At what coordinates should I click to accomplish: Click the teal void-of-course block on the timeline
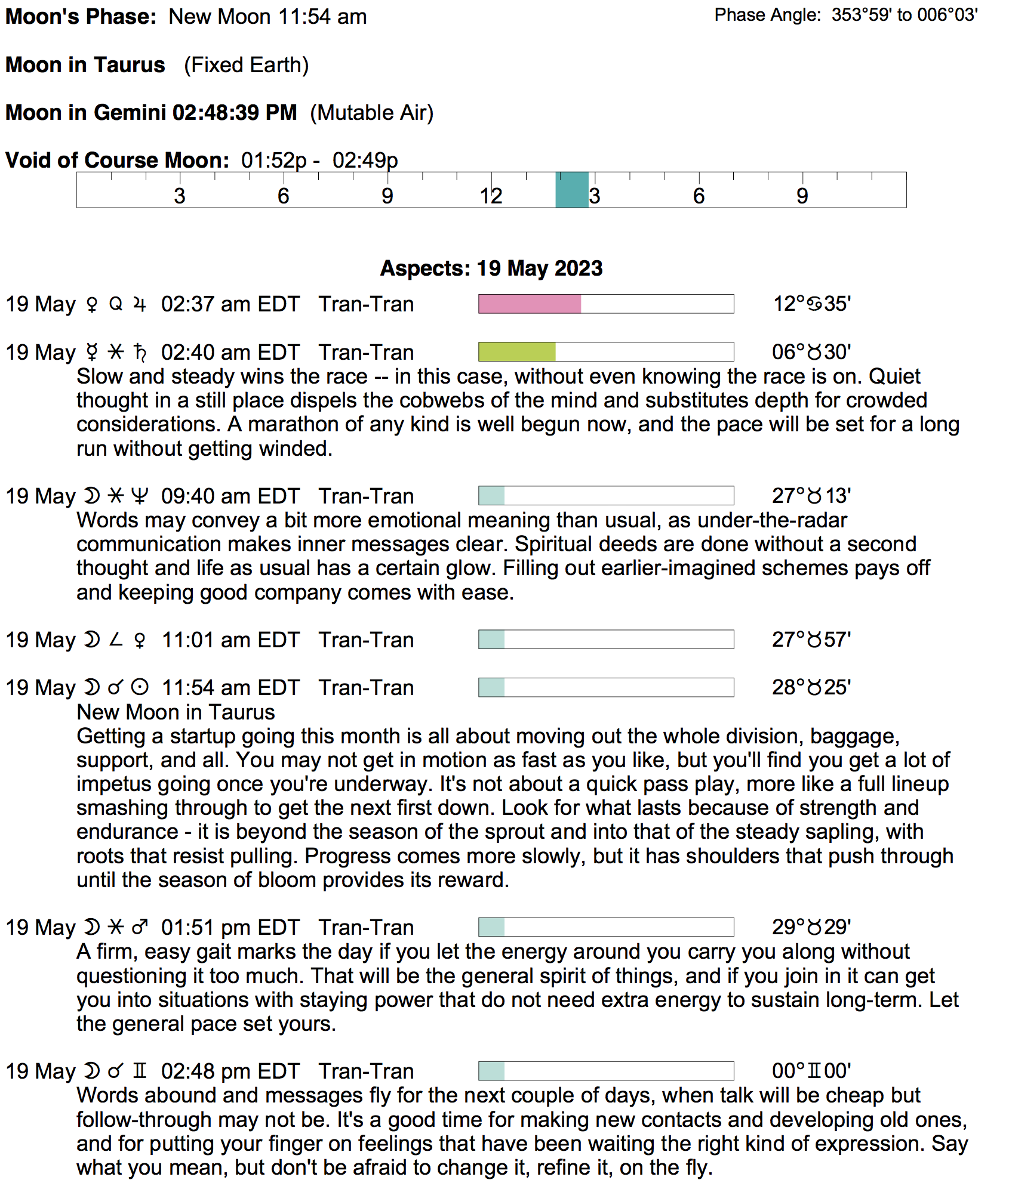click(x=572, y=190)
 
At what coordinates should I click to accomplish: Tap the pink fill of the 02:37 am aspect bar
click(x=529, y=304)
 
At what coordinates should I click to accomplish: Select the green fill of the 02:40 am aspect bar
click(x=516, y=352)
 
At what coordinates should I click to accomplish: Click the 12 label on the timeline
click(x=491, y=196)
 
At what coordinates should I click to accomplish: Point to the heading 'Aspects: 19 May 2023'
click(x=491, y=268)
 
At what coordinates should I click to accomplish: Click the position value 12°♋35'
click(x=811, y=304)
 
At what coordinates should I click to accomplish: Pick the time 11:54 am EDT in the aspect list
click(x=230, y=688)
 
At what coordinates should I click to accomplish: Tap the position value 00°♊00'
click(x=811, y=1071)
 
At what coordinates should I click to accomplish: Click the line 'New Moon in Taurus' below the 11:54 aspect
click(x=176, y=712)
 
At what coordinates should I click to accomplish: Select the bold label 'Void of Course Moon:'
click(x=118, y=160)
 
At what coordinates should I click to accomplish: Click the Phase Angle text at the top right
click(x=846, y=15)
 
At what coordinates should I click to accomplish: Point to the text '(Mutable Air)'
click(x=371, y=113)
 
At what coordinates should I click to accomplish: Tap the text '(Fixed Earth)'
click(x=246, y=65)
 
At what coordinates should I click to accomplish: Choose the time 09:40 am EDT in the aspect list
click(x=230, y=496)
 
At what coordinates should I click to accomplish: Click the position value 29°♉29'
click(x=811, y=927)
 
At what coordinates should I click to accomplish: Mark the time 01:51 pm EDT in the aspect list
click(x=230, y=928)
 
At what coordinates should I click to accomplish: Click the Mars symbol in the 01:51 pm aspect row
click(x=140, y=927)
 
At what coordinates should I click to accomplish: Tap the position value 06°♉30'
click(x=811, y=352)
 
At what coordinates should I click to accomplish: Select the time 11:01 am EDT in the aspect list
click(x=230, y=640)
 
